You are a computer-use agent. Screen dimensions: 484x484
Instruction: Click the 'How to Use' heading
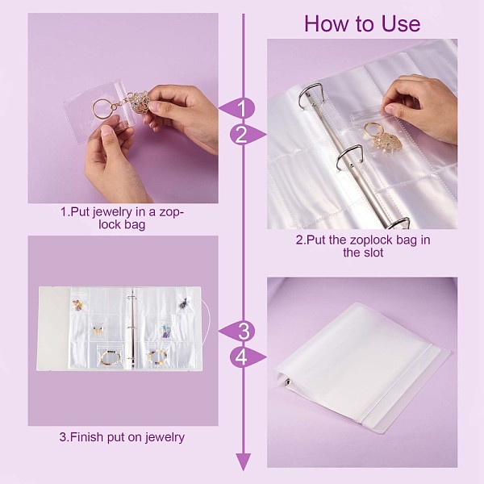pyautogui.click(x=362, y=23)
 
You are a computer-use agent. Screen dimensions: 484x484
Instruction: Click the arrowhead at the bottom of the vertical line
pyautogui.click(x=244, y=461)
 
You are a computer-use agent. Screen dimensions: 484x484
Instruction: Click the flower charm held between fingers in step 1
pyautogui.click(x=140, y=101)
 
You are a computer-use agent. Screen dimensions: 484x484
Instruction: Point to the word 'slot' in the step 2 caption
pyautogui.click(x=373, y=252)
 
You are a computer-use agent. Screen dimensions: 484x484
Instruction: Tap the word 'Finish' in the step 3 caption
pyautogui.click(x=86, y=437)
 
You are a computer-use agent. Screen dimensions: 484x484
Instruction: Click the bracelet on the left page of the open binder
pyautogui.click(x=111, y=357)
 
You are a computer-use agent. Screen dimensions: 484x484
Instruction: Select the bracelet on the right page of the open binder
pyautogui.click(x=158, y=357)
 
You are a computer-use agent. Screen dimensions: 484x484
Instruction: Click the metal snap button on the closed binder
pyautogui.click(x=288, y=382)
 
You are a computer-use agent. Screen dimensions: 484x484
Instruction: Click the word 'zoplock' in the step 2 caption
pyautogui.click(x=370, y=240)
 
